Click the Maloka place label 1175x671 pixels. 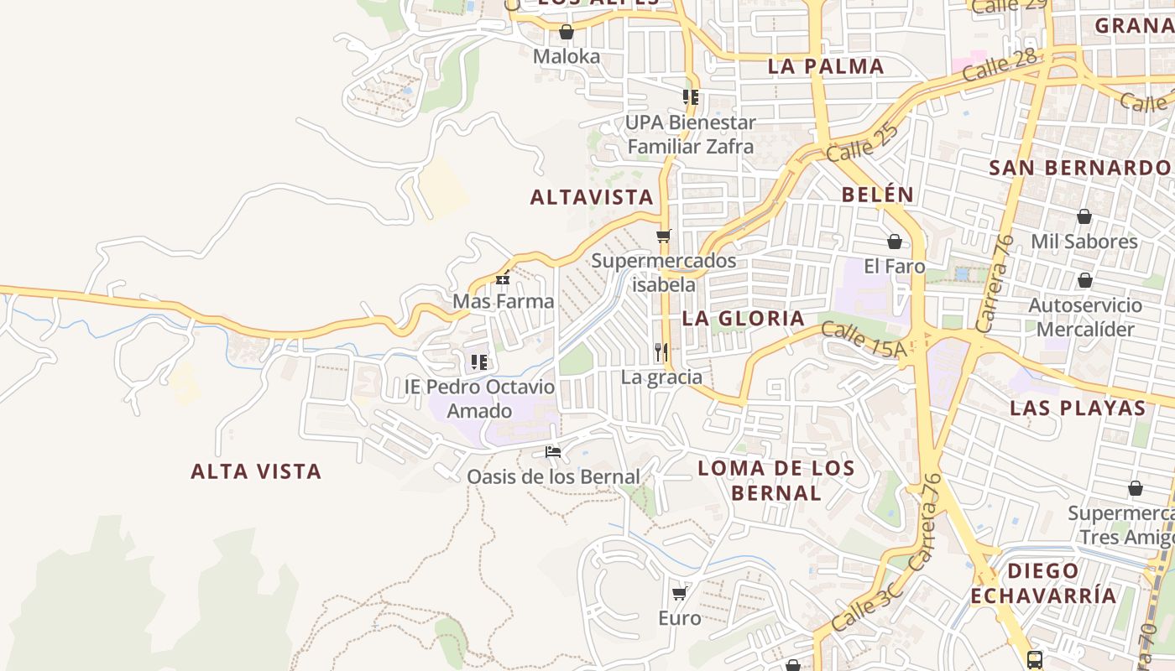pos(567,57)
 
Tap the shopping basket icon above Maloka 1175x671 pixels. pos(567,33)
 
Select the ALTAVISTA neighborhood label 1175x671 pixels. pos(591,197)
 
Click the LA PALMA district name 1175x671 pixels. pos(826,66)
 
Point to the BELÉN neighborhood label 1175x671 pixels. pos(877,195)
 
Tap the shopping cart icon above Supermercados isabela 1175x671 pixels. pos(664,236)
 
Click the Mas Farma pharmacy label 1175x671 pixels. pos(504,301)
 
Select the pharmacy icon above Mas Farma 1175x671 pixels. pos(503,278)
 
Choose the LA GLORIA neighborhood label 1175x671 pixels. pos(743,318)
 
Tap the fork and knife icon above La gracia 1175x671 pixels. pos(661,352)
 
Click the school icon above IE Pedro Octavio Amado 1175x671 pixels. pos(479,362)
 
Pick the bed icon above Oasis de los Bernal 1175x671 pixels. pos(552,452)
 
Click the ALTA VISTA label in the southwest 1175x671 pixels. pos(256,471)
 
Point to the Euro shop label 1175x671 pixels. pos(679,618)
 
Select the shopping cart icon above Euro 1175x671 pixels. pos(679,594)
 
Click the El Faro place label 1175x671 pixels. pos(894,267)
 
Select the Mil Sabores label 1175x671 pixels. pos(1084,242)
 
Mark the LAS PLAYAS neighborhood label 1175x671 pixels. pos(1078,408)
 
